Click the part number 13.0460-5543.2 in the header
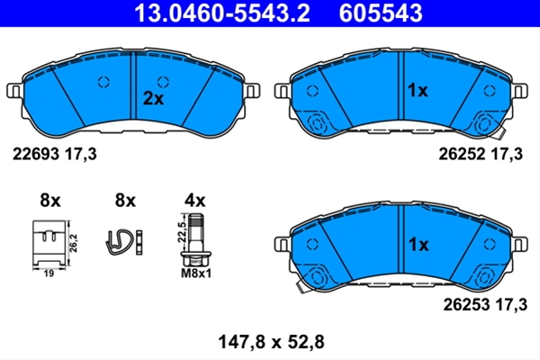222,13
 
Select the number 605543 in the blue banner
381,13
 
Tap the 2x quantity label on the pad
153,99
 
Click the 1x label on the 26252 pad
418,91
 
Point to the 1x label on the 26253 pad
418,245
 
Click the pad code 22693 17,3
55,154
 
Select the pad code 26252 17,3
481,154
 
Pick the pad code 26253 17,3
485,304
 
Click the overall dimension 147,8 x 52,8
272,342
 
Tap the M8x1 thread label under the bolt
196,274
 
